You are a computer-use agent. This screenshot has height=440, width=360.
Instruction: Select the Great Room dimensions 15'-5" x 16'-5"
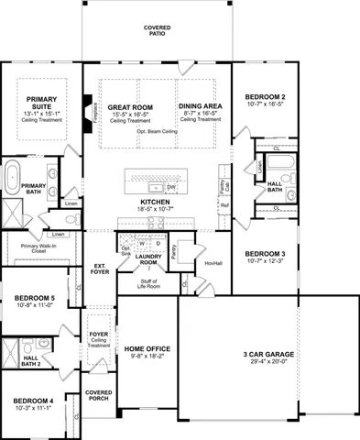pos(130,113)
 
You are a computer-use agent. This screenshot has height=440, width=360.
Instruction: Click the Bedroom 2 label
pos(265,97)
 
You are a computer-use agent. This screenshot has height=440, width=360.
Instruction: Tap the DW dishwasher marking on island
pos(170,187)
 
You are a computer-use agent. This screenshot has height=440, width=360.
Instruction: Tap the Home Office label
pos(147,348)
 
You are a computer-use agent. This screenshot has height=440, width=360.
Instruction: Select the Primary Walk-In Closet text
pos(39,247)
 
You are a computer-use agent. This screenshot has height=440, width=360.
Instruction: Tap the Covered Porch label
pos(98,395)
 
